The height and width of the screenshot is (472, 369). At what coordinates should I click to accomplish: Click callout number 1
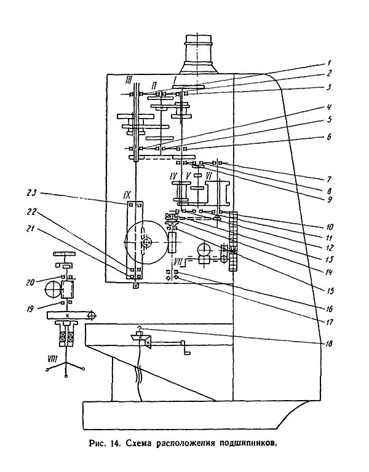tap(330, 63)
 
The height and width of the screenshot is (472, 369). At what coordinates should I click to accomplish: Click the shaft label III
tap(129, 79)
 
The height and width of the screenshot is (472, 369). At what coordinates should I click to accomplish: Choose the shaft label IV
tap(175, 176)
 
